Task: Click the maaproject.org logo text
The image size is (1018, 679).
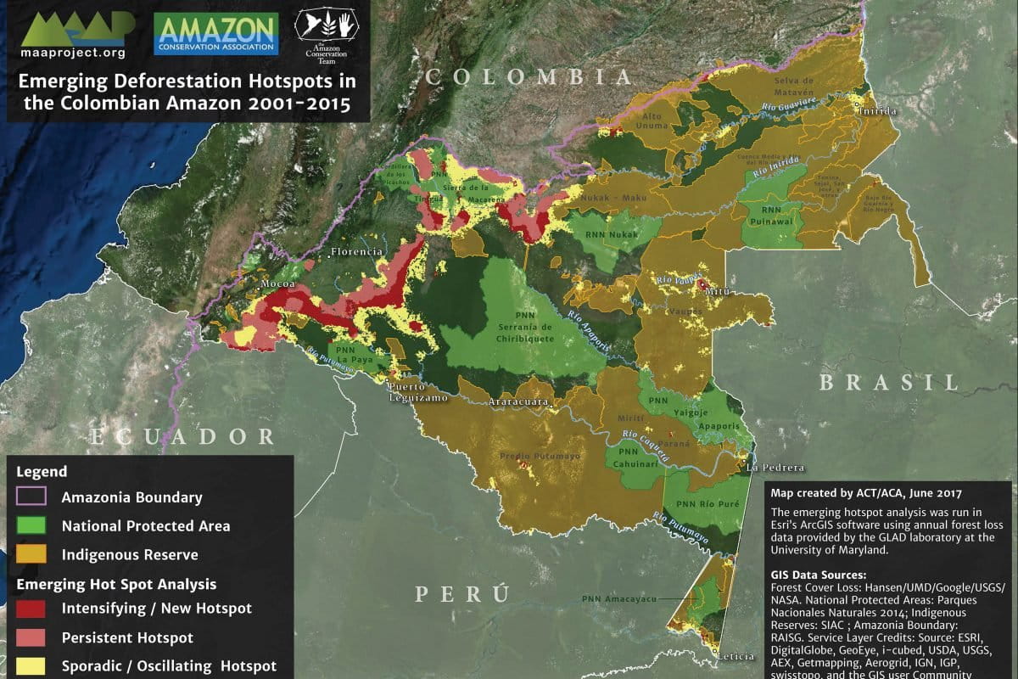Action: coord(72,53)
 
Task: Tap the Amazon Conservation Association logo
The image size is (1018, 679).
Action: coord(216,33)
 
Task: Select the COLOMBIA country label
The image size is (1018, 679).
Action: coord(529,77)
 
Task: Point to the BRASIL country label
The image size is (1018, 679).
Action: coord(888,382)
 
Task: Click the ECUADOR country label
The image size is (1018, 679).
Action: coord(182,436)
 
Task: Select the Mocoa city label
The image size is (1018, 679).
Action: coord(277,282)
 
